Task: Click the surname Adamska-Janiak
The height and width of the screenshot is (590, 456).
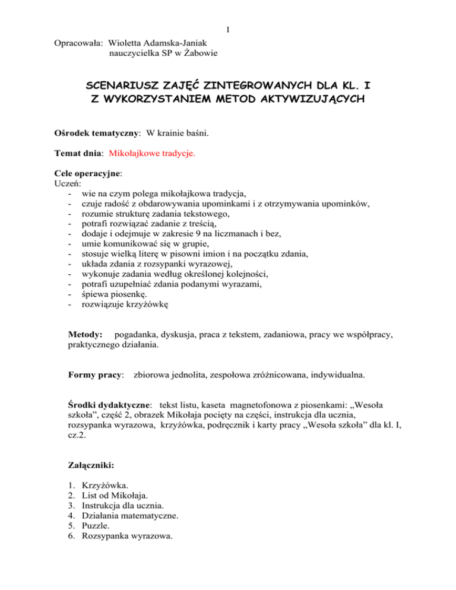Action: point(180,43)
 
